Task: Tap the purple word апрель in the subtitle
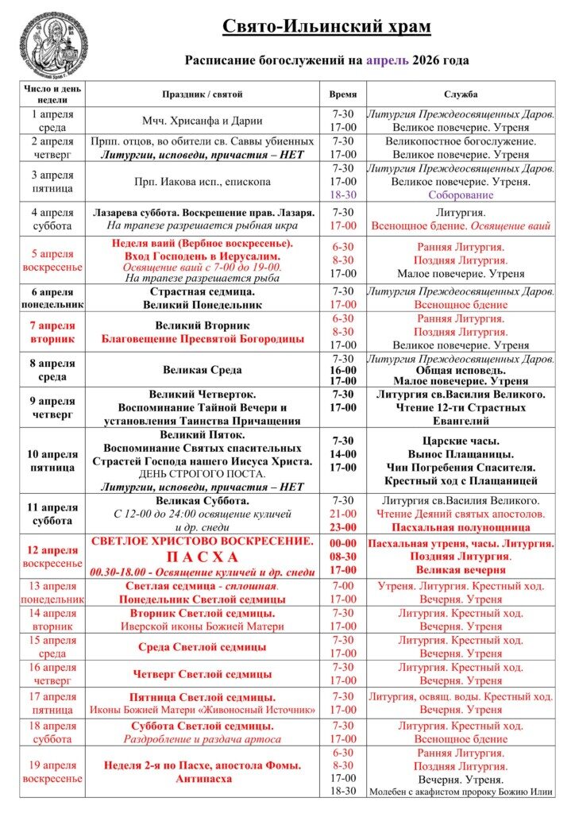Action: [388, 60]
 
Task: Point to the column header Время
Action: [343, 94]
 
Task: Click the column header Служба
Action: [461, 94]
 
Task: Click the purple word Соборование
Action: [461, 195]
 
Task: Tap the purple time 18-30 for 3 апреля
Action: [343, 195]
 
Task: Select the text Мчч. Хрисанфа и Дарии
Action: [203, 121]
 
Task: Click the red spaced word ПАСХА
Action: [203, 557]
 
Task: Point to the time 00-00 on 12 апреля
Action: [343, 542]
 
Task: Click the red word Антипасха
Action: [203, 779]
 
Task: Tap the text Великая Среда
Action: [203, 370]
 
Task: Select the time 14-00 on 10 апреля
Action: [343, 454]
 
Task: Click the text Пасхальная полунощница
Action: [461, 526]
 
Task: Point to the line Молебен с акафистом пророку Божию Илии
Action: [461, 792]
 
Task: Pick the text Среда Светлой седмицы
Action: [203, 647]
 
